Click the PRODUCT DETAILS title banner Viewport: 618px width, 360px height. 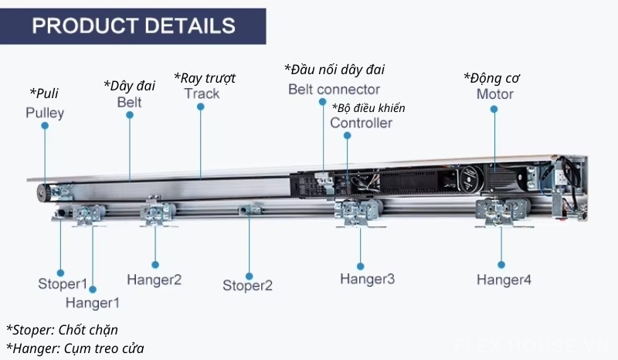134,25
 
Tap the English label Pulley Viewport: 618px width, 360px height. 45,113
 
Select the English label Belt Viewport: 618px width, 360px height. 130,101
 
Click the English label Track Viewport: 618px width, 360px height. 202,93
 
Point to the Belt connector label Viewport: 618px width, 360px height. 334,89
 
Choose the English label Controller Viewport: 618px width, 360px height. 361,123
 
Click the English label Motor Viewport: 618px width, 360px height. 494,94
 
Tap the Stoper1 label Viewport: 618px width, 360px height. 63,284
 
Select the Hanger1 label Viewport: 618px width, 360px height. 93,302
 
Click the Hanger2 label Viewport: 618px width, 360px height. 154,279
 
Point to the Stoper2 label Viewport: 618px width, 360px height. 248,286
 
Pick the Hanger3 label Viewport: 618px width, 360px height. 368,278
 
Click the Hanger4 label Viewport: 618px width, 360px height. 504,280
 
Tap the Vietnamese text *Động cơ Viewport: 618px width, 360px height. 491,77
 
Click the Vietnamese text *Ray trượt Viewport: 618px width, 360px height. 205,77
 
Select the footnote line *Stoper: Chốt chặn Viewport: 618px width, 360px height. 62,330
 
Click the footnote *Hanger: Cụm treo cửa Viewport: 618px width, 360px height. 75,348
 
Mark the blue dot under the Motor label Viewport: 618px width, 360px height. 494,109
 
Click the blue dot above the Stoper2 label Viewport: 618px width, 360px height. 249,275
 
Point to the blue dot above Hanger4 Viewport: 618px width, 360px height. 502,263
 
